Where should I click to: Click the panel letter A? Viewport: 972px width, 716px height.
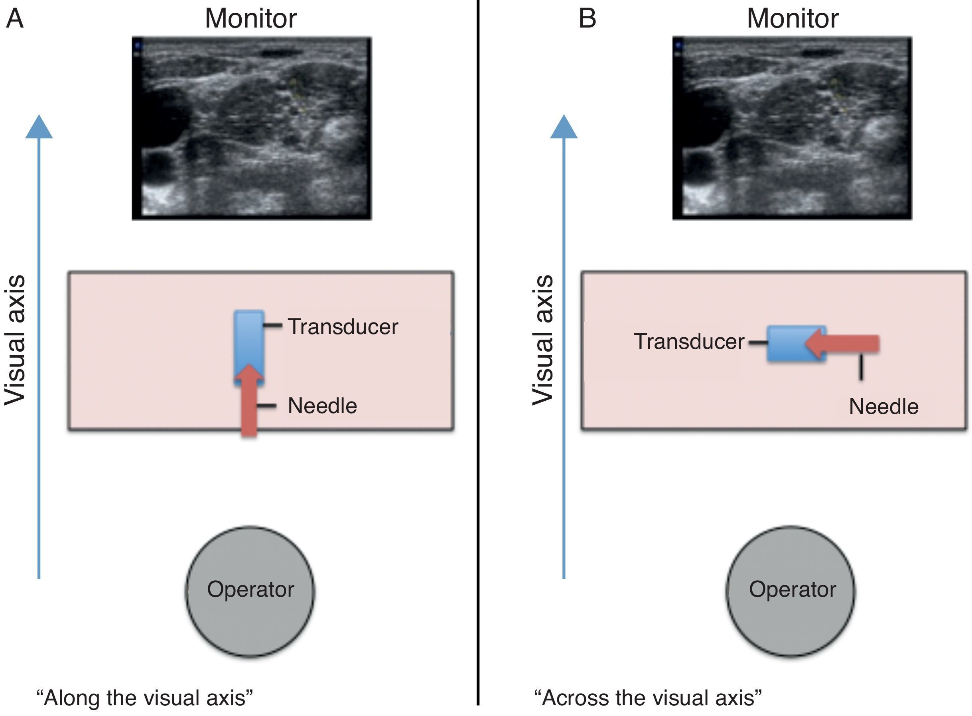[x=15, y=19]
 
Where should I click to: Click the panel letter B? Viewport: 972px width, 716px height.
[x=588, y=19]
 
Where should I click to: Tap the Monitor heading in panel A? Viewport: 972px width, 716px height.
[x=251, y=19]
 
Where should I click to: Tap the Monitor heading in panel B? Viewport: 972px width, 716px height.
[x=792, y=19]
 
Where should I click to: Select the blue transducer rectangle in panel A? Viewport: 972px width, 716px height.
[x=248, y=338]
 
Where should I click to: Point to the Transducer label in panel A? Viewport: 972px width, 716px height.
[x=343, y=326]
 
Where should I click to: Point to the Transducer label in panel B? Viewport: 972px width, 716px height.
[x=689, y=342]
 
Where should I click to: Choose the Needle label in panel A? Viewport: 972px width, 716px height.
[x=322, y=405]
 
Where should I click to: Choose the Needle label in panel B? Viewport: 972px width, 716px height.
[x=883, y=407]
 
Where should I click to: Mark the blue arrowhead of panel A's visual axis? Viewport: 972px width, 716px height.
[x=39, y=128]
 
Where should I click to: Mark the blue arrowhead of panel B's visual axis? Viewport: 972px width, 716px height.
[x=564, y=128]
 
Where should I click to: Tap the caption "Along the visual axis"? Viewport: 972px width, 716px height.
[x=145, y=698]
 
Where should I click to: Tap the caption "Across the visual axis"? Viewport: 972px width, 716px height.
[x=648, y=698]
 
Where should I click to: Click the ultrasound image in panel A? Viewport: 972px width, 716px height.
[x=252, y=128]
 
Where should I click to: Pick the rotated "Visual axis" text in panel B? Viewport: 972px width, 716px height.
[x=543, y=340]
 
